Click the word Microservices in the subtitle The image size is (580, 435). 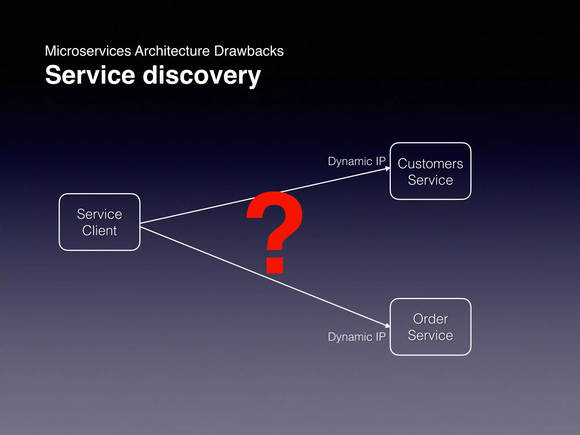point(88,51)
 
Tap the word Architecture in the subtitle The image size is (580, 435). point(172,51)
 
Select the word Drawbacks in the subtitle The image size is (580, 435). point(249,51)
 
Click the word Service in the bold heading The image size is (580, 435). point(90,75)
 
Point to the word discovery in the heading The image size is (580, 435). point(201,76)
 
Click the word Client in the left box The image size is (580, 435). point(99,231)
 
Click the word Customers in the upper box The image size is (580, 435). point(430,164)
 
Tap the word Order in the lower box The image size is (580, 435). point(430,319)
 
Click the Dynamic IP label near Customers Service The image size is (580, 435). point(357,161)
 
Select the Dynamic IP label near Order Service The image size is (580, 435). point(357,337)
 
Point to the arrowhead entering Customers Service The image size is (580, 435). point(387,169)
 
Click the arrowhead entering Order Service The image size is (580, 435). point(387,325)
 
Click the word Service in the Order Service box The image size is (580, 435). point(430,336)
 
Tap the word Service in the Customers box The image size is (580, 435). point(430,180)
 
